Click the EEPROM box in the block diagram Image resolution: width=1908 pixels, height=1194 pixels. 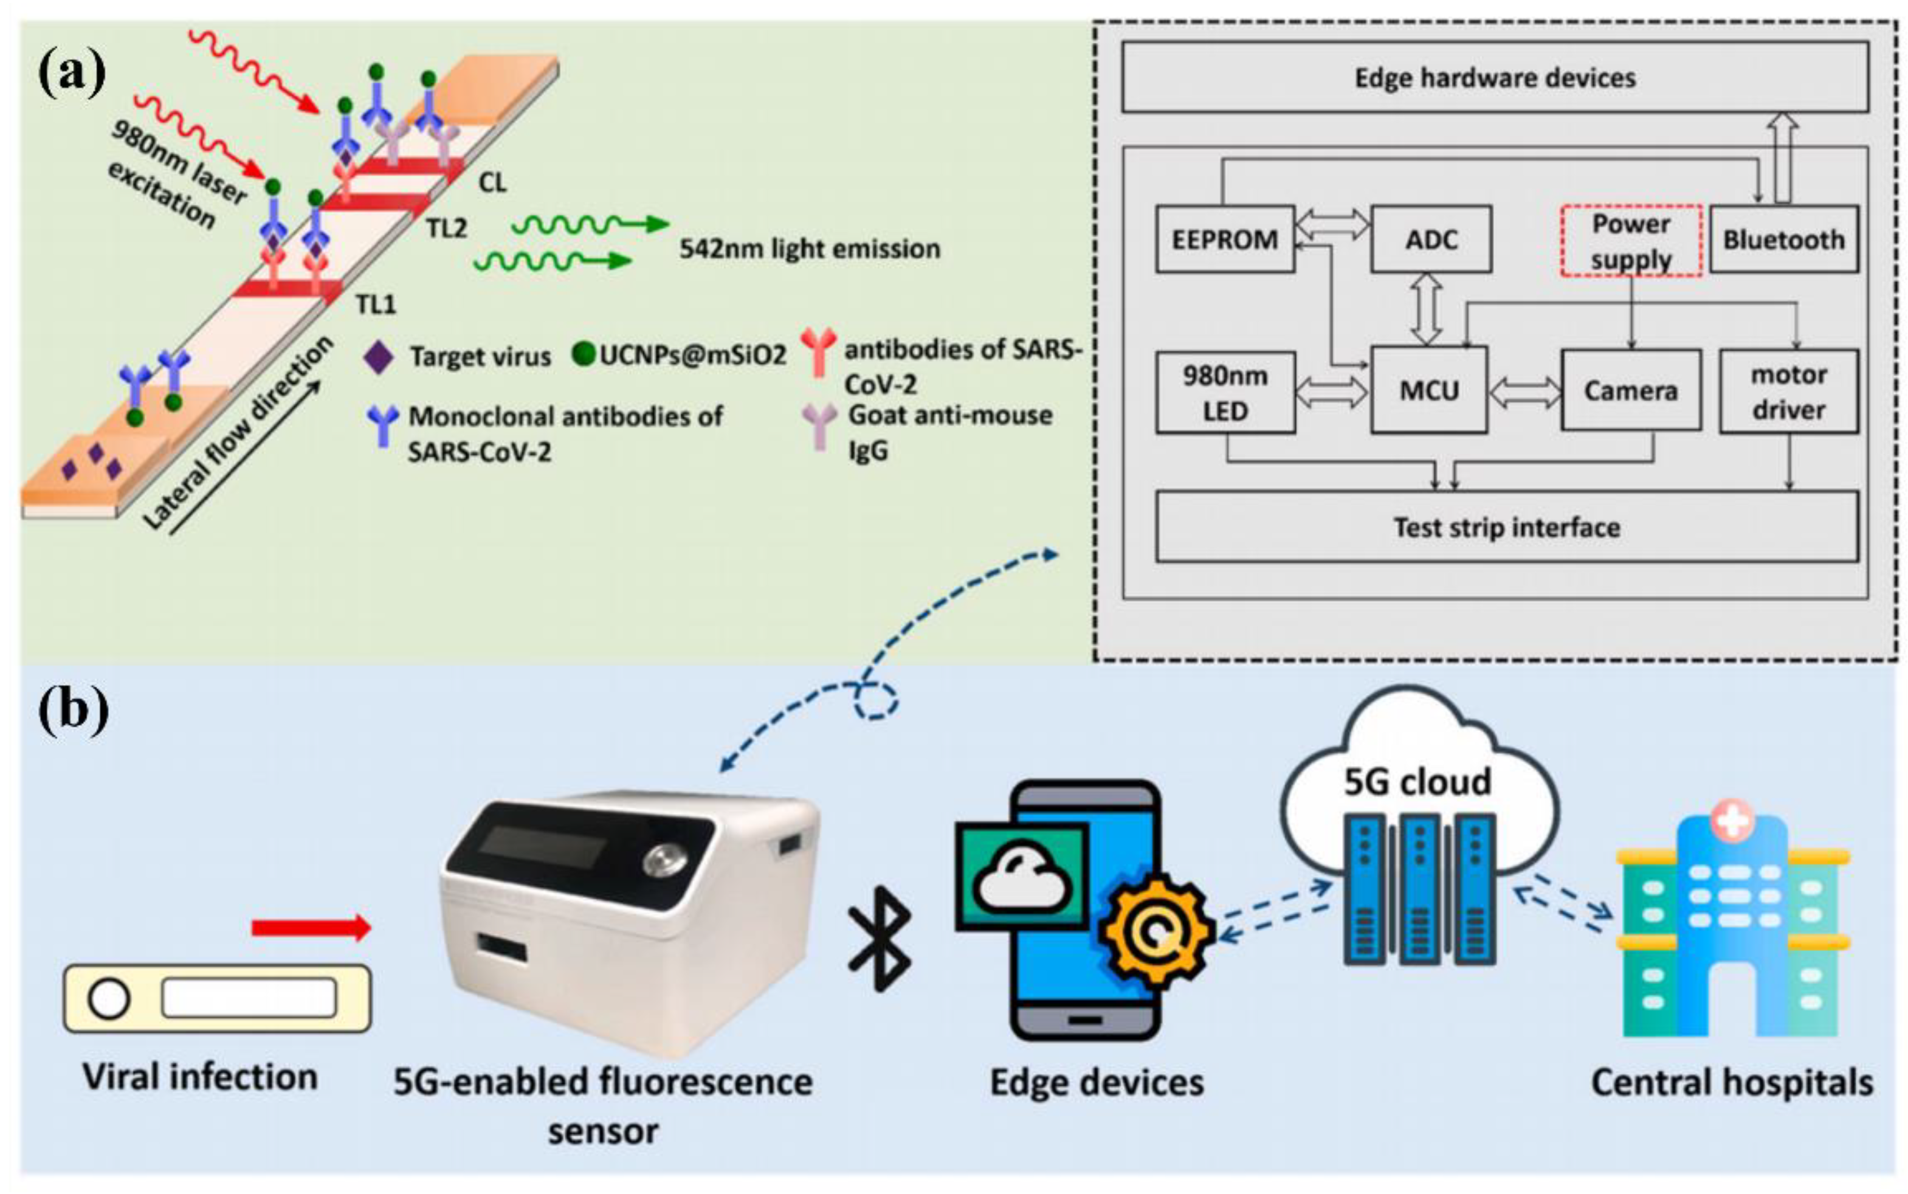[1224, 240]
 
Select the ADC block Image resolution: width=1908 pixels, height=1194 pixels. [1430, 240]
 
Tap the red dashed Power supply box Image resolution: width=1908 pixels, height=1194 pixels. [1631, 241]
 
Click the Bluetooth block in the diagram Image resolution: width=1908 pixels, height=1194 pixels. [1783, 240]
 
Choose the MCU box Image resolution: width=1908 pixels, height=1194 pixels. [1429, 390]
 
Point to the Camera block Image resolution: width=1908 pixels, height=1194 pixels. [1630, 390]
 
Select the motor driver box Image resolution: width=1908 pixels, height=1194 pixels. [1788, 391]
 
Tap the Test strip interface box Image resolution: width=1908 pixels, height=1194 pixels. [1506, 526]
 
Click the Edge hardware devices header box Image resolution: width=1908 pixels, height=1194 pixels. [1494, 77]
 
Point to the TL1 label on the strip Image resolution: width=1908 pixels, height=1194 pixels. [376, 304]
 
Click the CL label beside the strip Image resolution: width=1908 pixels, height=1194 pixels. [492, 182]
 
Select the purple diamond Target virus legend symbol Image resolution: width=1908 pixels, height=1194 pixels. [378, 357]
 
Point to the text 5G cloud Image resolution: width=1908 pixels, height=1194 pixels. [1417, 782]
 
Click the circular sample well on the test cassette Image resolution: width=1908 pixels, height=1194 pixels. [109, 999]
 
